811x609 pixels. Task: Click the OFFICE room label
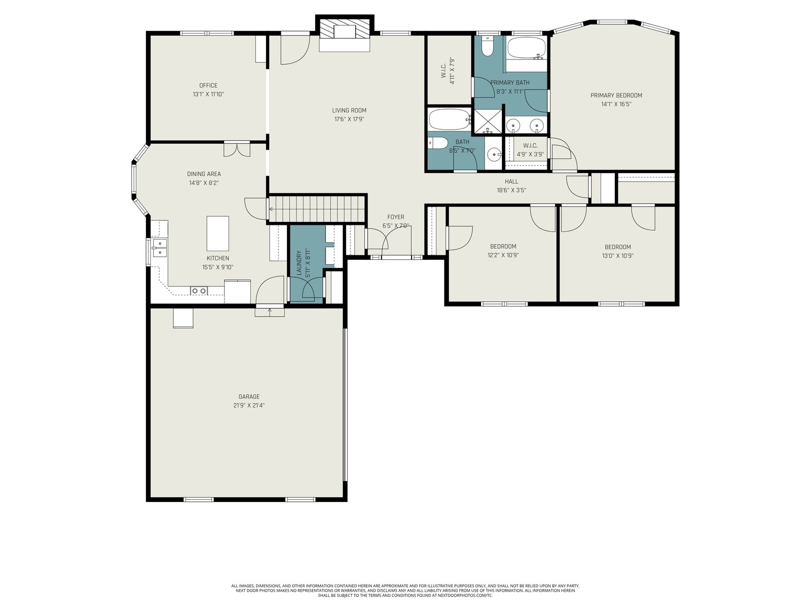pyautogui.click(x=208, y=85)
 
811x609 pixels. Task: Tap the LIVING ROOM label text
pyautogui.click(x=349, y=110)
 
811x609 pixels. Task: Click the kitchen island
pyautogui.click(x=217, y=233)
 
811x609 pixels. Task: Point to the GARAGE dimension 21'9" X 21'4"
pyautogui.click(x=249, y=405)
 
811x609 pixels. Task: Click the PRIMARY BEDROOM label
pyautogui.click(x=616, y=95)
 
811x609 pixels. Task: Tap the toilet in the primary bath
pyautogui.click(x=487, y=46)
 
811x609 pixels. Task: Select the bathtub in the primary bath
pyautogui.click(x=527, y=48)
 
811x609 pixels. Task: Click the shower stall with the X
pyautogui.click(x=488, y=121)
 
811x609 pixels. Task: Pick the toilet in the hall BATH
pyautogui.click(x=438, y=143)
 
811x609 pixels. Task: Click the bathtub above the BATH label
pyautogui.click(x=450, y=119)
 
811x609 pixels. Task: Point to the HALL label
pyautogui.click(x=511, y=182)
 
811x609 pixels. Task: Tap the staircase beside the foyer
pyautogui.click(x=317, y=209)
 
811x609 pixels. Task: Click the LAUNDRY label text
pyautogui.click(x=299, y=263)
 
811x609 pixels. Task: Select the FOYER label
pyautogui.click(x=395, y=217)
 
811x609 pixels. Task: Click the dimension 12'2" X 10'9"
pyautogui.click(x=503, y=255)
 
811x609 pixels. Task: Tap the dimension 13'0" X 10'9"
pyautogui.click(x=617, y=255)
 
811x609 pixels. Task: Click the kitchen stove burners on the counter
pyautogui.click(x=199, y=291)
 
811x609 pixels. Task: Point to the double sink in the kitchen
pyautogui.click(x=160, y=248)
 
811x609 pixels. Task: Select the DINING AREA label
pyautogui.click(x=204, y=174)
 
